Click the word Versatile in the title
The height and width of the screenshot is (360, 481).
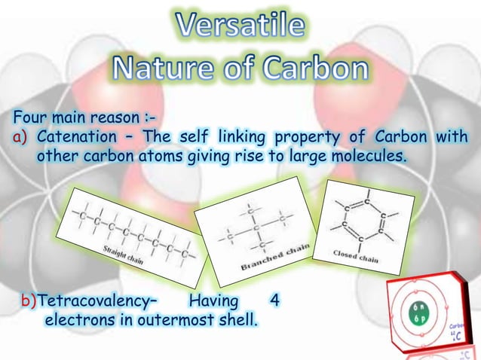(x=240, y=27)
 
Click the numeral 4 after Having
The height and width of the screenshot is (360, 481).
(x=275, y=301)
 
